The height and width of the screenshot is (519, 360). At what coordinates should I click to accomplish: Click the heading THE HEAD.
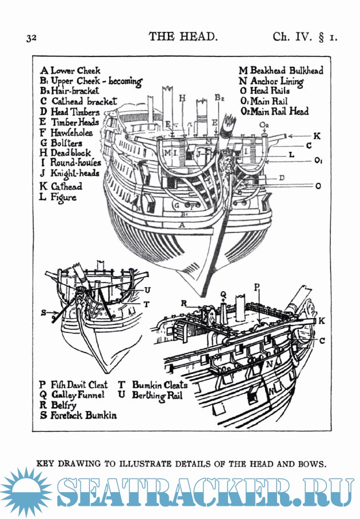(183, 37)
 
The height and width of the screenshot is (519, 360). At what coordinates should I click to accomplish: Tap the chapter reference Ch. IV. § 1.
(305, 37)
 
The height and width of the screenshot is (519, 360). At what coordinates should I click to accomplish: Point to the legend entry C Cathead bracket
(76, 101)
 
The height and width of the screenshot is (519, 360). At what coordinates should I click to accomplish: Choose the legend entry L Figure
(58, 197)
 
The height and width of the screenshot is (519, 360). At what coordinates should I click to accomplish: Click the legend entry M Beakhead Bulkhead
(281, 71)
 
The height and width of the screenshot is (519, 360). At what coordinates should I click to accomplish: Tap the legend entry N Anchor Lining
(271, 81)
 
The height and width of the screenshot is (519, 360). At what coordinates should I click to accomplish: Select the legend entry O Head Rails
(265, 91)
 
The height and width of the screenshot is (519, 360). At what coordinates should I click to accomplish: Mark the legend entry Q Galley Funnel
(71, 395)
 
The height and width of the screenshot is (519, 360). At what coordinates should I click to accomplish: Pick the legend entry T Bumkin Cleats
(153, 385)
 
